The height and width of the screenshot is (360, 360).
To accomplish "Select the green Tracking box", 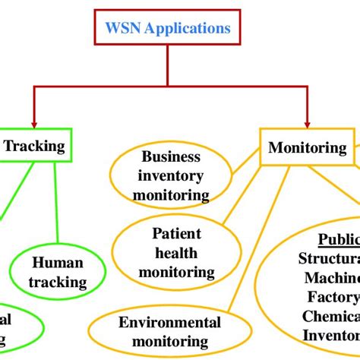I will pyautogui.click(x=35, y=147).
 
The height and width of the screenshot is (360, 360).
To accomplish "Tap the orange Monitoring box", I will pyautogui.click(x=306, y=147).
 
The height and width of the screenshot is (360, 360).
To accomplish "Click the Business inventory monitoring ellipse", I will pyautogui.click(x=171, y=176).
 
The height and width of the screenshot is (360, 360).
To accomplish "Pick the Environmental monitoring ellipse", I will pyautogui.click(x=169, y=332).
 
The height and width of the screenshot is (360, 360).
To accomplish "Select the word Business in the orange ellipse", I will pyautogui.click(x=171, y=157).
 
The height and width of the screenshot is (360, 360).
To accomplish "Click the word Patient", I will pyautogui.click(x=175, y=233).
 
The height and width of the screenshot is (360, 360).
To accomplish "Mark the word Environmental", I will pyautogui.click(x=169, y=322).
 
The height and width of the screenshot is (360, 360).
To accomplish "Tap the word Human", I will pyautogui.click(x=57, y=264).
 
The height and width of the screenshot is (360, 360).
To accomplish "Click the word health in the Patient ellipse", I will pyautogui.click(x=175, y=252).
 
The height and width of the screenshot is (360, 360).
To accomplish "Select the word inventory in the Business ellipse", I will pyautogui.click(x=171, y=176).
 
